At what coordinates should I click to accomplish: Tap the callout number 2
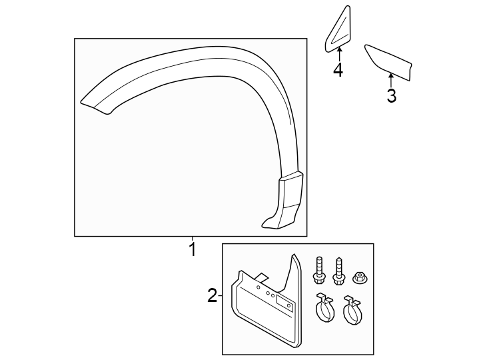click(212, 295)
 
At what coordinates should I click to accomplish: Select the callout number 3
click(391, 96)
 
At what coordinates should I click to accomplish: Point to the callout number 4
click(338, 69)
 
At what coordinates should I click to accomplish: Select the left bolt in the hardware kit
click(318, 269)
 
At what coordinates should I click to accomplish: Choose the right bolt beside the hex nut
click(338, 269)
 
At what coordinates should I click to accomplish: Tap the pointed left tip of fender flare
click(83, 101)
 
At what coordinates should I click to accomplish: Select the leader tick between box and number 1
click(192, 239)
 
